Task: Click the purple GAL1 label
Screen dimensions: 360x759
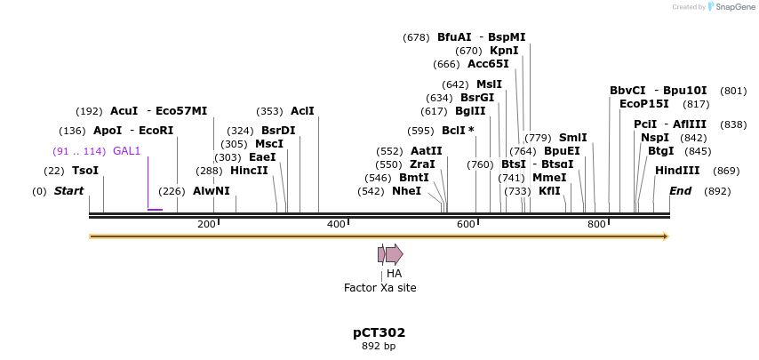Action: click(126, 151)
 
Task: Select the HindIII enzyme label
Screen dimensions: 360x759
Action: click(677, 171)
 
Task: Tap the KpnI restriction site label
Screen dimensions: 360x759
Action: click(504, 51)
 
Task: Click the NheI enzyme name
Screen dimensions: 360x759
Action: click(406, 191)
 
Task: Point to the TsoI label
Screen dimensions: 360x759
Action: click(85, 171)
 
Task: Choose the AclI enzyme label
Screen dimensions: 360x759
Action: click(302, 111)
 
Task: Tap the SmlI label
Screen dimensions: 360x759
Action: click(572, 138)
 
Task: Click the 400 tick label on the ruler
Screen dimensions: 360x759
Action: click(336, 224)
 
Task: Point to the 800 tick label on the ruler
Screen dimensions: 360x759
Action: click(596, 224)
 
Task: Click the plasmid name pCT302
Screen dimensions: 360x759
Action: click(379, 333)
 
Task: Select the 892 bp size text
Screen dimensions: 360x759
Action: click(379, 347)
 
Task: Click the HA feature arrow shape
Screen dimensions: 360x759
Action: click(394, 254)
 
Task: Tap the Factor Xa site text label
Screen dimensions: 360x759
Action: click(379, 288)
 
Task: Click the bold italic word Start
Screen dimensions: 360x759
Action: click(68, 191)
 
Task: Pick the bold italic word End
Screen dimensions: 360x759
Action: click(680, 191)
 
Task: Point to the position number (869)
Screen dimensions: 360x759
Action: click(726, 171)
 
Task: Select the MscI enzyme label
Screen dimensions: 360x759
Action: click(268, 144)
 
